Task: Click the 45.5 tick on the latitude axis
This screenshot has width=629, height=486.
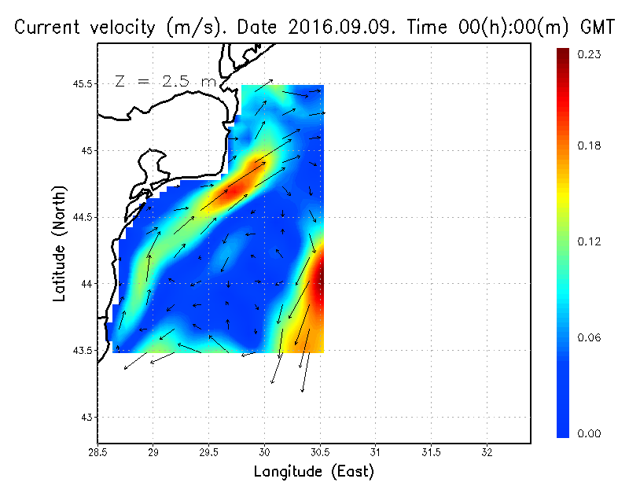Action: pyautogui.click(x=83, y=83)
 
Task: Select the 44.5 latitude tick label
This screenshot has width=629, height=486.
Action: pyautogui.click(x=83, y=217)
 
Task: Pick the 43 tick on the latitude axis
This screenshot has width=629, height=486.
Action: pyautogui.click(x=87, y=417)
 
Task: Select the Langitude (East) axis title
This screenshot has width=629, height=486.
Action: pyautogui.click(x=314, y=471)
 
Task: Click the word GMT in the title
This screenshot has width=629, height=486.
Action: pyautogui.click(x=596, y=28)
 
